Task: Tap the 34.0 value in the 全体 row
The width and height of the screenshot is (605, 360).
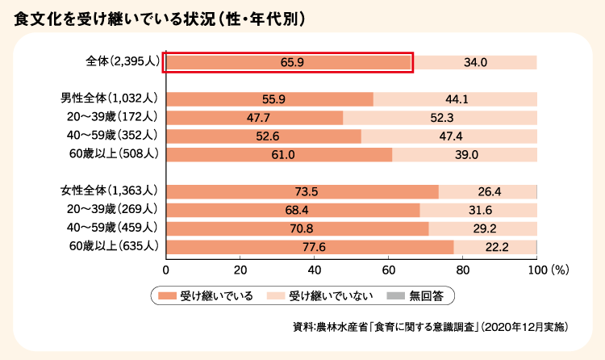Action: tap(475, 62)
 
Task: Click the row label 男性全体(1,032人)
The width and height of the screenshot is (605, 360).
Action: tap(109, 99)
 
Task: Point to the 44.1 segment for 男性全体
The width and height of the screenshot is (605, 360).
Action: tap(456, 99)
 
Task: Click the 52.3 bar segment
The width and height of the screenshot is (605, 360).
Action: tap(440, 118)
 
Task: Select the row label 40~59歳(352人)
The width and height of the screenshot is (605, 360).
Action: tap(114, 136)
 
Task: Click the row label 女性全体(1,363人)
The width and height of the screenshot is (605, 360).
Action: tap(109, 191)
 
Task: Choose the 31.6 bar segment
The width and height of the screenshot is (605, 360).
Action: tap(478, 210)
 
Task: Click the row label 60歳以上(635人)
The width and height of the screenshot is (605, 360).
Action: tap(114, 246)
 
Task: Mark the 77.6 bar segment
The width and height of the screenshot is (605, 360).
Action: tap(309, 247)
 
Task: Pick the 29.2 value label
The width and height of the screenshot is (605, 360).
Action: tap(484, 228)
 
